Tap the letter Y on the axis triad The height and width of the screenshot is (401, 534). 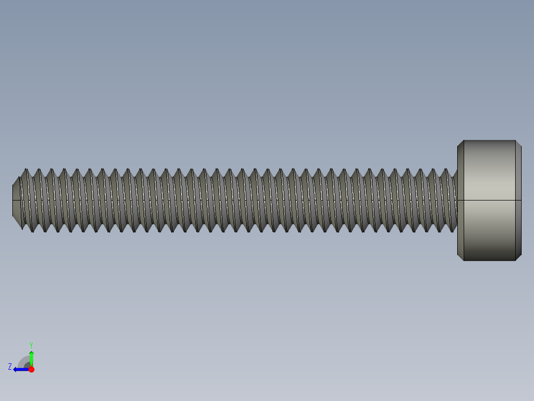(31, 344)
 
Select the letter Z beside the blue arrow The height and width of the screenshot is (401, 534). (10, 367)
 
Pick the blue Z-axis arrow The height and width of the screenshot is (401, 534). (20, 369)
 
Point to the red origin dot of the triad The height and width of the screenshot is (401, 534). (31, 369)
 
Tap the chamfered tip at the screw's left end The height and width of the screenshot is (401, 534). (16, 200)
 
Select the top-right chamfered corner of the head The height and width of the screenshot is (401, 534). (518, 143)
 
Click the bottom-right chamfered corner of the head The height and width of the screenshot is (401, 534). (518, 258)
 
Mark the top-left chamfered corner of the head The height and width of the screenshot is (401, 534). (460, 143)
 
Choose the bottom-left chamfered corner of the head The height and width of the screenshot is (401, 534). (460, 258)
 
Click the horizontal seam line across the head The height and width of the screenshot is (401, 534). (489, 200)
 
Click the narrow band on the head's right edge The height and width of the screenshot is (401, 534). (518, 200)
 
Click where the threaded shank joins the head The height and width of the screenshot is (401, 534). (456, 200)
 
